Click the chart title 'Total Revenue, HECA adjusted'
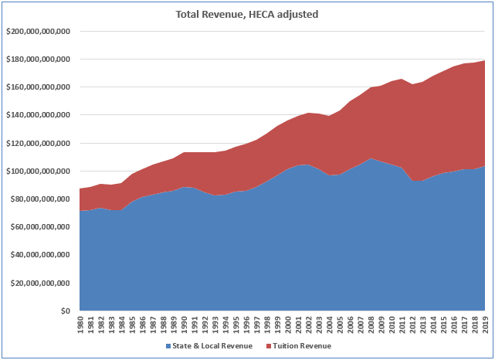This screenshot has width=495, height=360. [x=247, y=14]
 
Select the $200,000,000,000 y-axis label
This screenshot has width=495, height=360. [x=39, y=32]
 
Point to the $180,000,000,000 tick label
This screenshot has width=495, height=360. [x=39, y=59]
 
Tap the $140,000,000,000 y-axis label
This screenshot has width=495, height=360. [x=39, y=115]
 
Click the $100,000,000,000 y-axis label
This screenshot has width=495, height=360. [x=39, y=171]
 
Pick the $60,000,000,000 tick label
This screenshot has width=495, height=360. [x=41, y=226]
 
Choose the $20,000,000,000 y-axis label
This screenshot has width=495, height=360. [x=41, y=283]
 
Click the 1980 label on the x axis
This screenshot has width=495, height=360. [x=80, y=325]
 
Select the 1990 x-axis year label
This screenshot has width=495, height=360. [x=184, y=325]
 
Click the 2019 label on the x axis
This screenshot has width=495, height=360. [x=486, y=325]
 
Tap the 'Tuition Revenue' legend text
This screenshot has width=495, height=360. [x=300, y=346]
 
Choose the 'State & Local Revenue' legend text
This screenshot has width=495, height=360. [x=211, y=346]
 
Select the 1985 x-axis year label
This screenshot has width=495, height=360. [x=131, y=325]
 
